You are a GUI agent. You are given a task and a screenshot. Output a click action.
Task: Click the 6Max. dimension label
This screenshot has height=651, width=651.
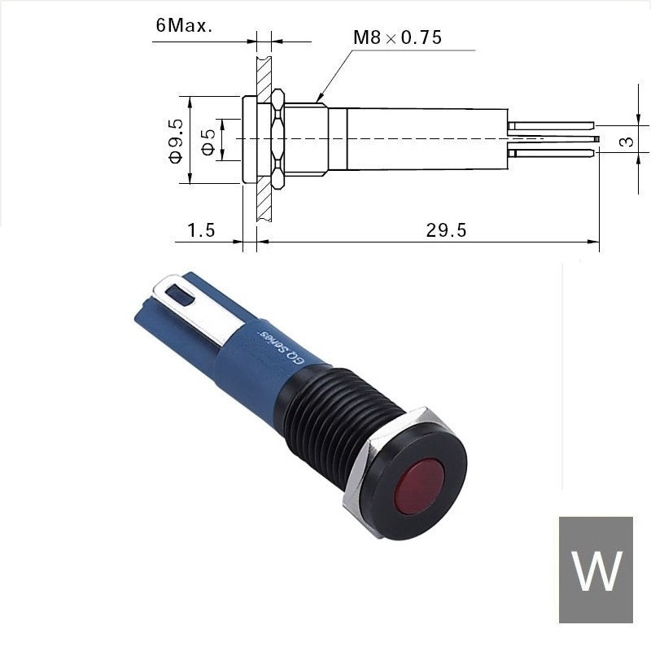pyautogui.click(x=184, y=26)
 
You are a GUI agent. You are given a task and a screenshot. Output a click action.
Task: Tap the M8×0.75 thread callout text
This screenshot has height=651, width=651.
pyautogui.click(x=397, y=37)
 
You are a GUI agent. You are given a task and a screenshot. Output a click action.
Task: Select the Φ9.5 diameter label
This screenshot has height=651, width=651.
pyautogui.click(x=176, y=141)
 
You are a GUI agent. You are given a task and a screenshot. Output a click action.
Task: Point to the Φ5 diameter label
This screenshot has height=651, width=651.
pyautogui.click(x=209, y=141)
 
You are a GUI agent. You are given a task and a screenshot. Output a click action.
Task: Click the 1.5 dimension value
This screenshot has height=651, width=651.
pyautogui.click(x=201, y=230)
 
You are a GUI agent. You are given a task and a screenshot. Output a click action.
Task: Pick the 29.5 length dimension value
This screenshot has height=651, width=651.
pyautogui.click(x=446, y=230)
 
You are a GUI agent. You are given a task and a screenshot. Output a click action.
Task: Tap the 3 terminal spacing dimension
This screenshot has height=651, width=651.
pyautogui.click(x=627, y=142)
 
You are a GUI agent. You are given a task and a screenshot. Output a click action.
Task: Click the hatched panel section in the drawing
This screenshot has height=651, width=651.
pyautogui.click(x=264, y=138)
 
